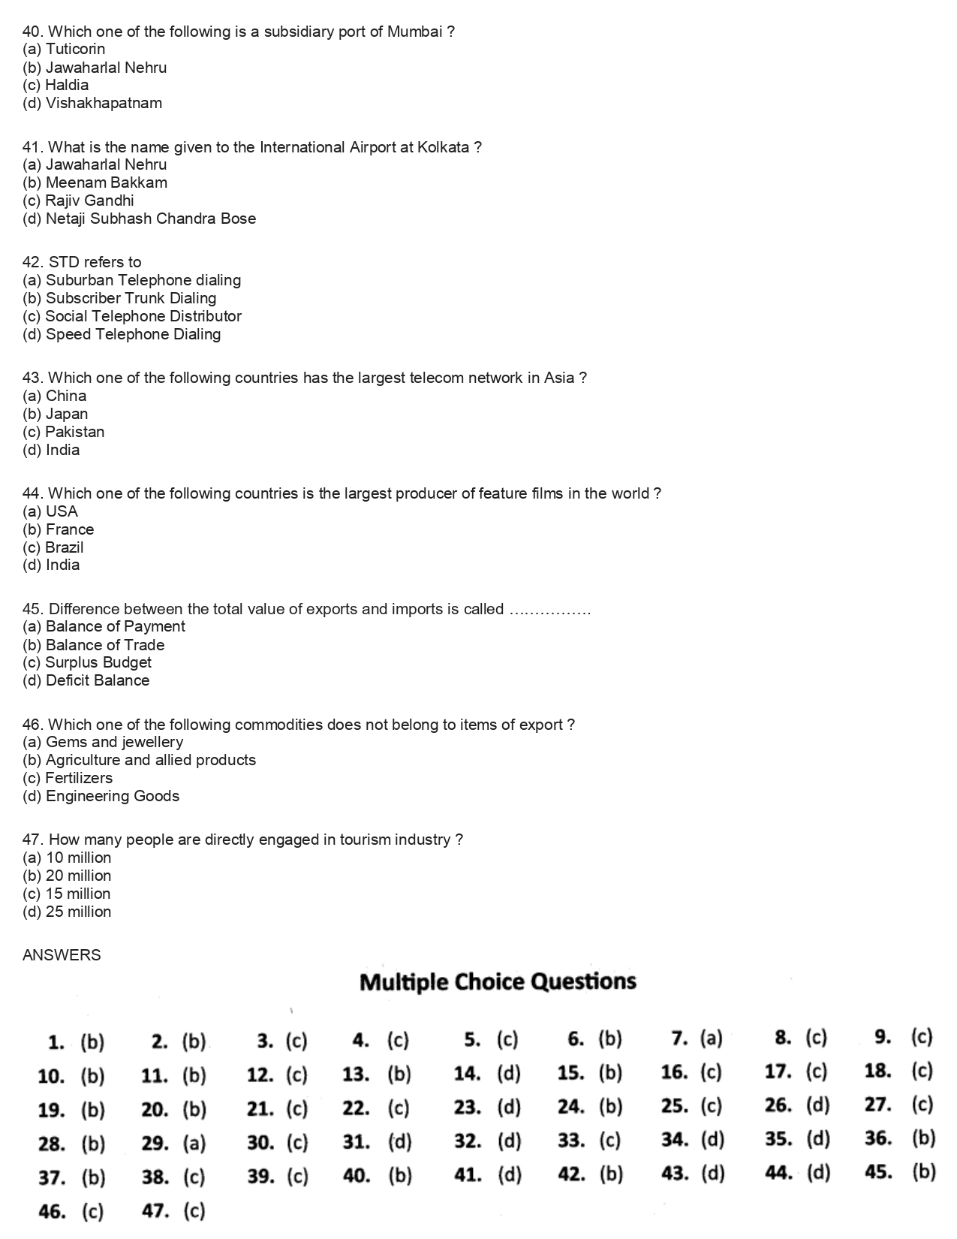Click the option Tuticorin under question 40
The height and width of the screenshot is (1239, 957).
[x=64, y=50]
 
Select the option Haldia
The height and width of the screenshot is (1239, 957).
[x=56, y=86]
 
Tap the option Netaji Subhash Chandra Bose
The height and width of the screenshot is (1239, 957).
[x=140, y=219]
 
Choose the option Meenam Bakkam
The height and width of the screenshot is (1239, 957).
[x=95, y=182]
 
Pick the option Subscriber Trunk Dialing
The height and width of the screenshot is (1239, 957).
[x=119, y=298]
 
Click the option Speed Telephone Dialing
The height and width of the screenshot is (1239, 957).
[x=122, y=334]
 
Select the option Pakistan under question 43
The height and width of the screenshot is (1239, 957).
[x=64, y=432]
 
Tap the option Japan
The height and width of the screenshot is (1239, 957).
[x=56, y=414]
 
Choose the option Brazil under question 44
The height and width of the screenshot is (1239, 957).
[x=53, y=547]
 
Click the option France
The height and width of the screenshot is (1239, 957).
[x=59, y=529]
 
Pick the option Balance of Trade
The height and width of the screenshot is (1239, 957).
[x=94, y=645]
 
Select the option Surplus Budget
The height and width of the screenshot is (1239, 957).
[x=87, y=663]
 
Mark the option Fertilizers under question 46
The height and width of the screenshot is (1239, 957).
[x=68, y=779]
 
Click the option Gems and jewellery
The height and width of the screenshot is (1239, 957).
[x=103, y=743]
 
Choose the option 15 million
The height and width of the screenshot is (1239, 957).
[x=67, y=894]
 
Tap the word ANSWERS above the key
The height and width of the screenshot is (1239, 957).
[x=62, y=955]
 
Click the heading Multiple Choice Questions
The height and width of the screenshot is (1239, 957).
[x=498, y=982]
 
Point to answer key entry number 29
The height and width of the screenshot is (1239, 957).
[x=173, y=1144]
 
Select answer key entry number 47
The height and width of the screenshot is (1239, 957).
[x=173, y=1211]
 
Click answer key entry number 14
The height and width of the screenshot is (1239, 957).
[x=486, y=1074]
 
